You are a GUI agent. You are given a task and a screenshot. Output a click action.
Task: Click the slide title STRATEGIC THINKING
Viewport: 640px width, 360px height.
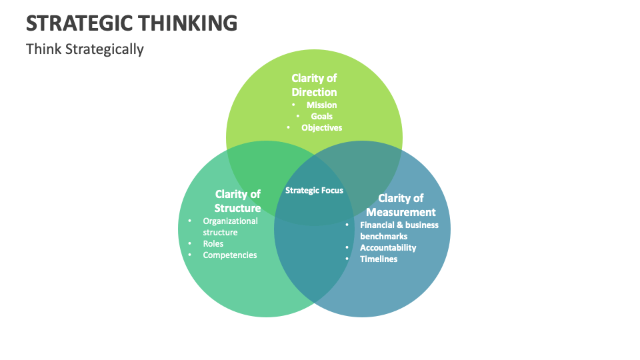tap(131, 23)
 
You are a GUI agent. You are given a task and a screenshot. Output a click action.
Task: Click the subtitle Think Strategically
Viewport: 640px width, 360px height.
tap(85, 49)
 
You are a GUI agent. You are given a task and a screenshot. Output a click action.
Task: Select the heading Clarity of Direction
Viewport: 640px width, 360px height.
tap(314, 85)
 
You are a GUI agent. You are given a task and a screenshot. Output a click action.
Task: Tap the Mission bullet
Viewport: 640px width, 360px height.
tap(321, 105)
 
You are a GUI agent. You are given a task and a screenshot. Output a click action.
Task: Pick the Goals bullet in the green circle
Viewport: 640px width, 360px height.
tap(321, 116)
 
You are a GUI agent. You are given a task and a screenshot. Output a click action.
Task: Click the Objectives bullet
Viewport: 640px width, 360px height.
tap(321, 127)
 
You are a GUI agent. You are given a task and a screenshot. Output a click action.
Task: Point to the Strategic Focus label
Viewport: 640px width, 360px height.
tap(314, 191)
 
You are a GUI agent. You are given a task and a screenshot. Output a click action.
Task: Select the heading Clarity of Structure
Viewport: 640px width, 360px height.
tap(237, 201)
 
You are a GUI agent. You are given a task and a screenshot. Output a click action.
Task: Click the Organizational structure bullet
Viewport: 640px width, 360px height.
tap(230, 227)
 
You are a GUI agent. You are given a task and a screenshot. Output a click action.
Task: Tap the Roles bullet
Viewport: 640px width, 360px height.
tap(213, 244)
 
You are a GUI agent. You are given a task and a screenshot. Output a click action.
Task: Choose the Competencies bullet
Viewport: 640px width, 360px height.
tap(230, 255)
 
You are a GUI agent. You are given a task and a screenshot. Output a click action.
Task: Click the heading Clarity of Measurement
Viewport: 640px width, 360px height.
tap(401, 205)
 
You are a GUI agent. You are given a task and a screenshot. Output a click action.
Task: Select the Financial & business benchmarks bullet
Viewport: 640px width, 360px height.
tap(399, 231)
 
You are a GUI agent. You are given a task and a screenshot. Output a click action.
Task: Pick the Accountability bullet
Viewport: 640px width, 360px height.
tap(388, 248)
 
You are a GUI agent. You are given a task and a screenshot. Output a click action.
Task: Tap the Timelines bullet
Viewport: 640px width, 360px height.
tap(379, 259)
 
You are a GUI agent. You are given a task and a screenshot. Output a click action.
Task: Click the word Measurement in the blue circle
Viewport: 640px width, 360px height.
tap(401, 212)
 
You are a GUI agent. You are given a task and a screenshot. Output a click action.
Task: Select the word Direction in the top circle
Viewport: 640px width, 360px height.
tap(314, 93)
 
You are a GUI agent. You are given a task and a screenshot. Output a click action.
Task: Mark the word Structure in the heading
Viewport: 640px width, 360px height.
tap(237, 208)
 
